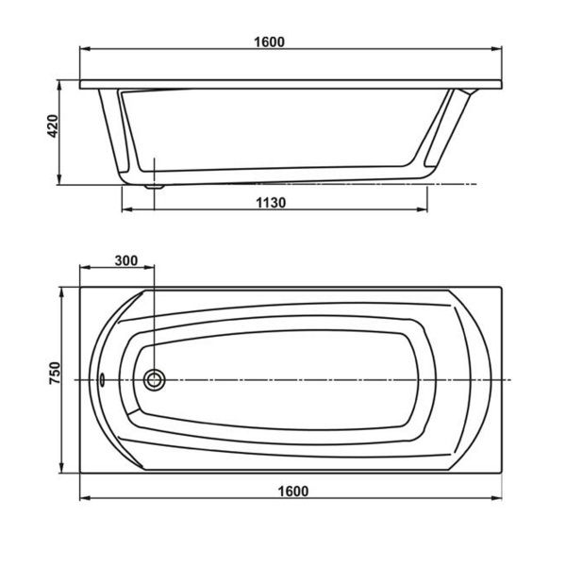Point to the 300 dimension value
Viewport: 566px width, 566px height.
click(x=125, y=260)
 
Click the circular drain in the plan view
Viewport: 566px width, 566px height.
click(x=154, y=379)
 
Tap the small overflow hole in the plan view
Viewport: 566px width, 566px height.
click(x=102, y=379)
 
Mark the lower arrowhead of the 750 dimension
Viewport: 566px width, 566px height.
click(x=63, y=469)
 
